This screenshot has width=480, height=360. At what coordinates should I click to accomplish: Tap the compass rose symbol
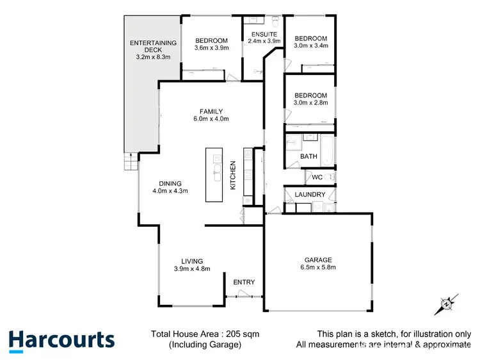click(x=446, y=303)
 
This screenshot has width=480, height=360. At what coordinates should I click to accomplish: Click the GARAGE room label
click(x=317, y=260)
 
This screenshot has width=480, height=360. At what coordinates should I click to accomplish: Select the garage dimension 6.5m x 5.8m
click(x=317, y=268)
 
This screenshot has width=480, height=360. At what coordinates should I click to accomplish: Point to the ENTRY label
click(x=244, y=282)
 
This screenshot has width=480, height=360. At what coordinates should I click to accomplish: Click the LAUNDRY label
click(x=310, y=195)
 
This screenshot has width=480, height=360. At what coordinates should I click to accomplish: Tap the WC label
click(x=317, y=177)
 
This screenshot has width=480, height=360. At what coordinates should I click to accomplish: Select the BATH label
click(x=308, y=157)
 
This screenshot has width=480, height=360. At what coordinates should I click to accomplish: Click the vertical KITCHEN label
click(x=234, y=174)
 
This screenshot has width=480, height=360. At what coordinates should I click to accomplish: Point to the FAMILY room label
click(x=211, y=111)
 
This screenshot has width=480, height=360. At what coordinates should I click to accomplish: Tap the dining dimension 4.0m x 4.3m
click(x=170, y=190)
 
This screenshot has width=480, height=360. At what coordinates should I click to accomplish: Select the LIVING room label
click(x=192, y=261)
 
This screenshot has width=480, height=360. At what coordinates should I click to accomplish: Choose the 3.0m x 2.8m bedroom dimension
click(x=310, y=102)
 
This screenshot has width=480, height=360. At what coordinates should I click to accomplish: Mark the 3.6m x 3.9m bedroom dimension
click(x=211, y=46)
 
